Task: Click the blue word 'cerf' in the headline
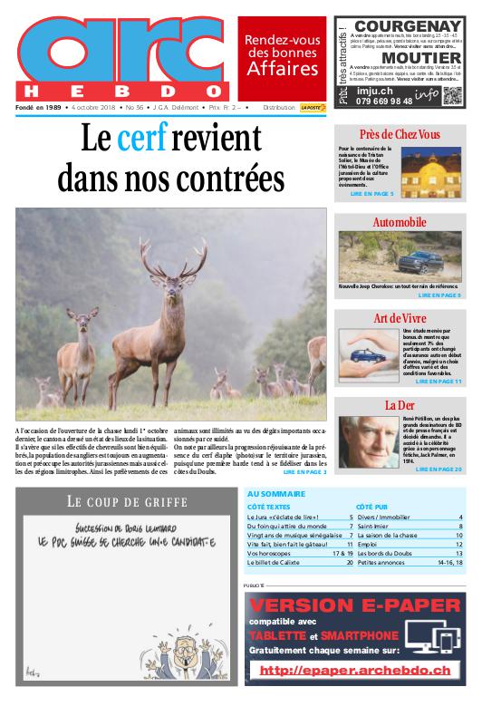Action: pyautogui.click(x=144, y=140)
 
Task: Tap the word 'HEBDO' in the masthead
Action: pyautogui.click(x=117, y=92)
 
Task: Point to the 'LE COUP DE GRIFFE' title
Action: pyautogui.click(x=126, y=501)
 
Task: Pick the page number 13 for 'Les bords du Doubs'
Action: pyautogui.click(x=459, y=552)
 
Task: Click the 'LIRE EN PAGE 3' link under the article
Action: pyautogui.click(x=304, y=472)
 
